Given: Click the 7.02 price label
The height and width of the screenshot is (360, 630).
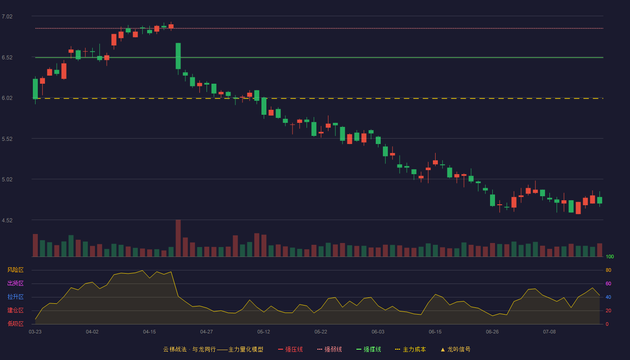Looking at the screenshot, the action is pos(7,17).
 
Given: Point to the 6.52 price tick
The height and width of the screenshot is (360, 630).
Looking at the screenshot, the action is pos(7,58).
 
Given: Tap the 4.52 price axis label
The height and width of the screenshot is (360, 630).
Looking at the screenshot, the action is pos(7,220).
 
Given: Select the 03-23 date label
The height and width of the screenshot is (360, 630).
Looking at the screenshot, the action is pos(35,332).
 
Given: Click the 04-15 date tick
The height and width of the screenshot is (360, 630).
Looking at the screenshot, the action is pos(149,332).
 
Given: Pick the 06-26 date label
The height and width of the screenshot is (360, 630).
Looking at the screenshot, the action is pos(492,332).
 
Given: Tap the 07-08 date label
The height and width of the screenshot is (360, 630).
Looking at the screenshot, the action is pos(549,332).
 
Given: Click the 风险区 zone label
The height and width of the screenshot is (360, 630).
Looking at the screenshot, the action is pos(15,270).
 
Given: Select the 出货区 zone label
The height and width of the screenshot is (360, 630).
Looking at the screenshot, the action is pos(15,283).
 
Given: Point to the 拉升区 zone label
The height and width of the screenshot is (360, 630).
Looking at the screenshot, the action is pos(15,297).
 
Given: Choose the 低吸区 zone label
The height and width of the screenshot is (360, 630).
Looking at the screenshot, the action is pos(15,324).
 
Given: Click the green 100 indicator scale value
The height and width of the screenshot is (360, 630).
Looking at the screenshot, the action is pos(610,256).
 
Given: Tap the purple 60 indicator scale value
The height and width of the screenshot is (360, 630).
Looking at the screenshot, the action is pos(608,283).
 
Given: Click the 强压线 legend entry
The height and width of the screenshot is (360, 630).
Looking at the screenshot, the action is pos(290,349).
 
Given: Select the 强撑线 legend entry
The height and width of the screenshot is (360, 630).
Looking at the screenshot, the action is pos(369,349).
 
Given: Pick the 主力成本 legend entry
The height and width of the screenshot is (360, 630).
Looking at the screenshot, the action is pos(410,349).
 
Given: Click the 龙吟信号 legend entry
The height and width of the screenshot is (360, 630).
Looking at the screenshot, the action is pos(455,349).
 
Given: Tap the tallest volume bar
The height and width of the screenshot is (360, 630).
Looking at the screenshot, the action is pos(178,238).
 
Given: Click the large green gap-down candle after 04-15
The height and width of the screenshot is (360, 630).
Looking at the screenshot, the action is pos(178,56).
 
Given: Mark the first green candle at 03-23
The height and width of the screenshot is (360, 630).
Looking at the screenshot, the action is pos(35,89).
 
